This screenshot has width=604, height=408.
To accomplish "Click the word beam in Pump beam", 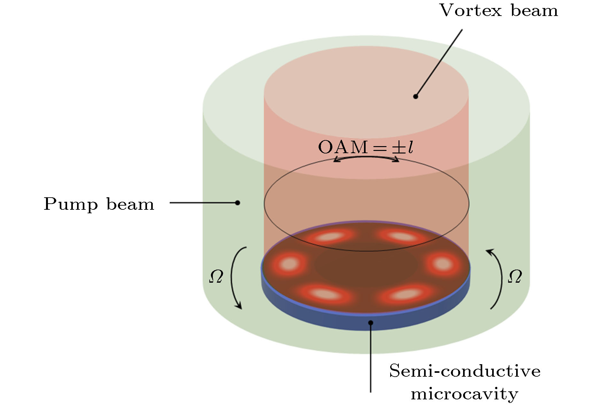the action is (x=130, y=204).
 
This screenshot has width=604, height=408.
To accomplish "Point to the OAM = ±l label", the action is (x=366, y=147).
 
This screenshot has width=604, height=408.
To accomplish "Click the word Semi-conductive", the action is (x=465, y=371).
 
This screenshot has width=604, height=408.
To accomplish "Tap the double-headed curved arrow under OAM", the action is (x=366, y=157).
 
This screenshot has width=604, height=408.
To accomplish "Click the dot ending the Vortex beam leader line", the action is (x=415, y=96).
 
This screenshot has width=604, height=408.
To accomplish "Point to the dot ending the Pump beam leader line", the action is (x=237, y=203).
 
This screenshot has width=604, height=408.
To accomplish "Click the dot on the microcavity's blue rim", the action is (x=371, y=323).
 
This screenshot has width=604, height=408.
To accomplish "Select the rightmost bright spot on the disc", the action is (x=443, y=264).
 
